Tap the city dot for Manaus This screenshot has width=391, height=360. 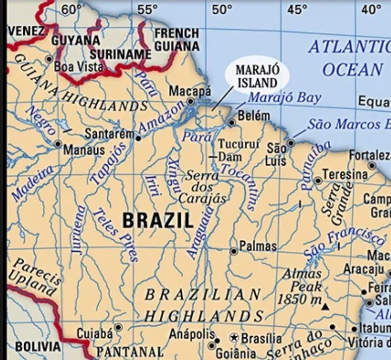click(58, 143)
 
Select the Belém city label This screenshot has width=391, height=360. click(253, 115)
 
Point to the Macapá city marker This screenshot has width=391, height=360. click(190, 101)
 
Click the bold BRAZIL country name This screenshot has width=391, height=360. click(158, 220)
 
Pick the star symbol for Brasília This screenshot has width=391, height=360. click(233, 338)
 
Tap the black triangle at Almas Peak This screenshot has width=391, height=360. click(325, 307)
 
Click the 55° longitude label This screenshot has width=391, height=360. click(147, 9)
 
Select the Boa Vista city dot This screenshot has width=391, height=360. click(49, 59)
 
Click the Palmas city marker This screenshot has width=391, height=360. click(233, 251)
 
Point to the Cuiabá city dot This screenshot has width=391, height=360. click(118, 327)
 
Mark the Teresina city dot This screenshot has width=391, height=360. click(318, 180)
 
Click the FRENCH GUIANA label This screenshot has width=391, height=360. click(177, 40)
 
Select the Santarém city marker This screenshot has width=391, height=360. click(138, 139)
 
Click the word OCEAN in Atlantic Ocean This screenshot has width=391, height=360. click(352, 69)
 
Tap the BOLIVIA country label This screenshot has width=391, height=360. click(38, 347)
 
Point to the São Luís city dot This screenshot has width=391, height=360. click(291, 142)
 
